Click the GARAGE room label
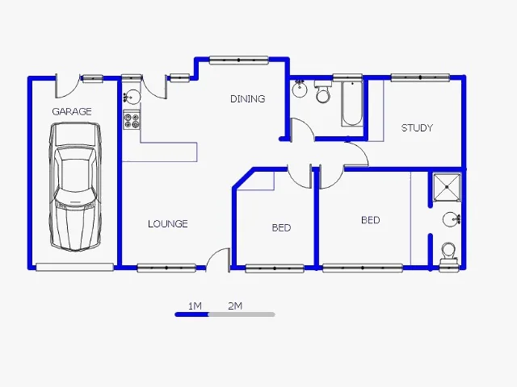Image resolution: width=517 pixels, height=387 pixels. point(72,111)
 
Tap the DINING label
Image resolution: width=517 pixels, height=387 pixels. point(248,98)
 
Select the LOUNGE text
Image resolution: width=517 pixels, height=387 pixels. point(168,224)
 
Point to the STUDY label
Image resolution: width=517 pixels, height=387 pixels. point(417,127)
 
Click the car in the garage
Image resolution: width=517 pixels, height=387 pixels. point(75,187)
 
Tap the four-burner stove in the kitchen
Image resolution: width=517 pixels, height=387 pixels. point(132,120)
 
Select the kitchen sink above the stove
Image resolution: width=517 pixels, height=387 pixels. point(132,97)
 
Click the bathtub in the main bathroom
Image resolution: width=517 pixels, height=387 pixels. point(352,103)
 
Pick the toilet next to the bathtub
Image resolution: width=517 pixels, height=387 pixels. point(323,91)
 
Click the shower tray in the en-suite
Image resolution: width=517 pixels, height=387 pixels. point(447,187)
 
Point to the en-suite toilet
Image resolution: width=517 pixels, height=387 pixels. point(448,253)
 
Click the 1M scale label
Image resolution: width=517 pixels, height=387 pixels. point(195,306)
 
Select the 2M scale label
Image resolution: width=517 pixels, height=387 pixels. point(235,306)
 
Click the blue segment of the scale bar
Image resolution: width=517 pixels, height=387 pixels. point(192,314)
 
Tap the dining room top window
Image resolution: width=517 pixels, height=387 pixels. point(239,60)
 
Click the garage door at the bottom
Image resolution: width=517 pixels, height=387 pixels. point(75,267)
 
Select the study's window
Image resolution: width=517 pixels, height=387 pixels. point(420,77)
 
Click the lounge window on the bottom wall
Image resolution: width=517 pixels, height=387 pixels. point(166,268)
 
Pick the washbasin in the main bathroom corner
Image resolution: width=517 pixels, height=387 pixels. point(300,88)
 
